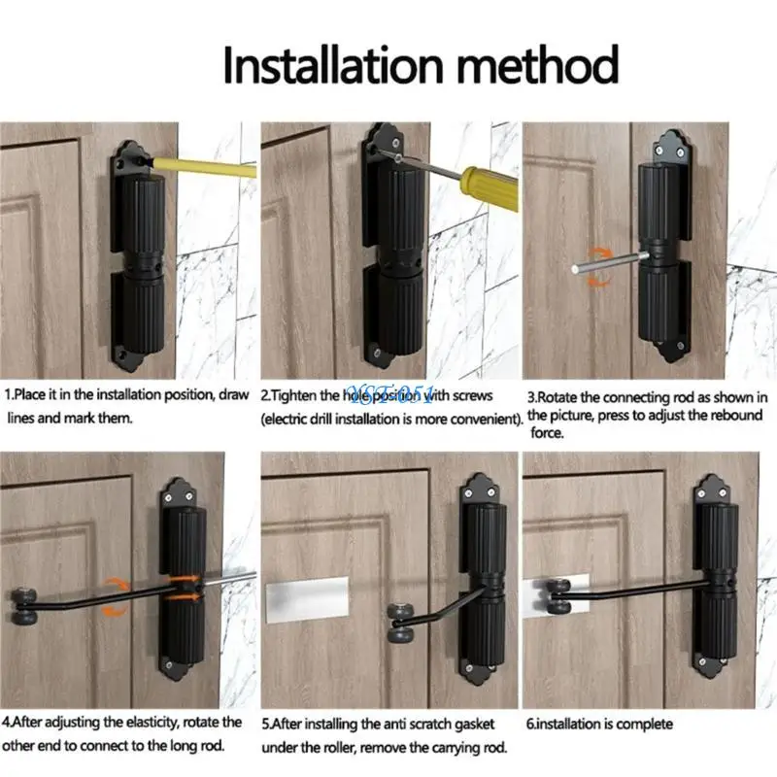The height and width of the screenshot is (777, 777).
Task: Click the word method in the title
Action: (538, 65)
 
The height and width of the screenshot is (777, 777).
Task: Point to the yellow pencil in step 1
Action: (202, 166)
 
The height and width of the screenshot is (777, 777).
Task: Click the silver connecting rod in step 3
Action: (611, 262)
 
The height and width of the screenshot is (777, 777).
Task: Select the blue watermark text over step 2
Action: (391, 394)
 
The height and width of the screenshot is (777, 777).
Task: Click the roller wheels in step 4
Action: (20, 605)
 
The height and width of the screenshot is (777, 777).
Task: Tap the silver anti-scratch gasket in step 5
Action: (307, 598)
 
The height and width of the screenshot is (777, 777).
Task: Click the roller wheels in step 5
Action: (400, 623)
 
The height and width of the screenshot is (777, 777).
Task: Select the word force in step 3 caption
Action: (547, 433)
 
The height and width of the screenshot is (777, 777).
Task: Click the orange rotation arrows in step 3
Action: (599, 267)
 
